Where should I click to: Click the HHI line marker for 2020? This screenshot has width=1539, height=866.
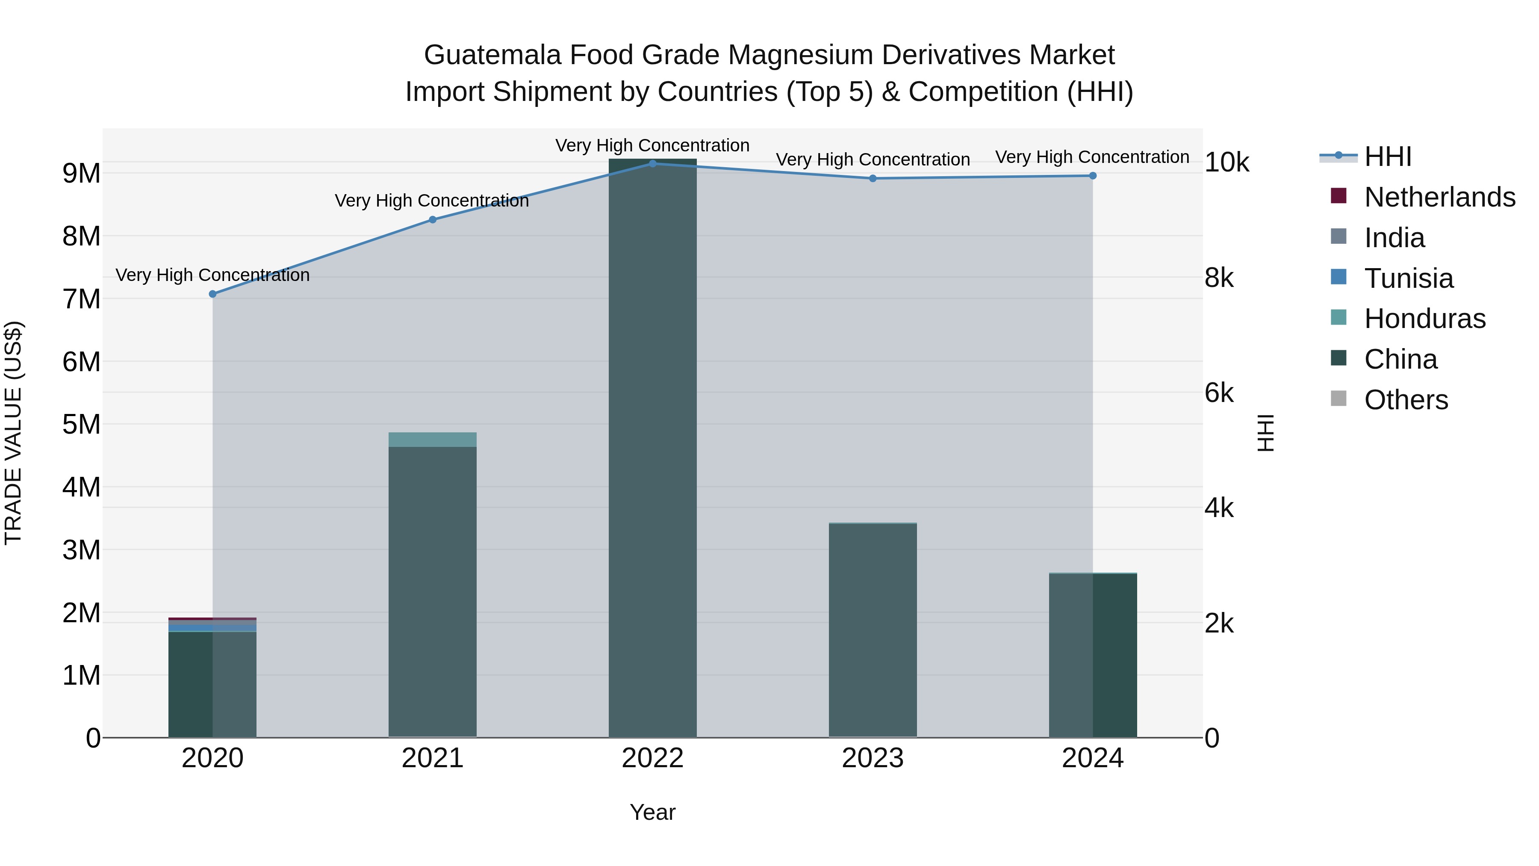pos(213,294)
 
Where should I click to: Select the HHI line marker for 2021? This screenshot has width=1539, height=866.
pos(433,220)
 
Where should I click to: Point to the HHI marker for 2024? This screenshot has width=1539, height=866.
pos(1093,176)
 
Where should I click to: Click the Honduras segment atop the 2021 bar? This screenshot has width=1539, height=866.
pos(433,439)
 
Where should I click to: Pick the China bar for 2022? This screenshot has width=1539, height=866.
pos(652,448)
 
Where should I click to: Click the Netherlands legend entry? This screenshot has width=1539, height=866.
pos(1422,197)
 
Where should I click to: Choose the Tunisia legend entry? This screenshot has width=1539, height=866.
pos(1392,278)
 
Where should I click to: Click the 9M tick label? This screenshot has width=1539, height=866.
pos(82,174)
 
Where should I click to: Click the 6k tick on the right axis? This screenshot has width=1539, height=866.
pos(1219,393)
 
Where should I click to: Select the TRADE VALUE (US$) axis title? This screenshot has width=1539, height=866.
pos(13,433)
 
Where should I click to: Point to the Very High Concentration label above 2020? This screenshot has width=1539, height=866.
pos(213,275)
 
